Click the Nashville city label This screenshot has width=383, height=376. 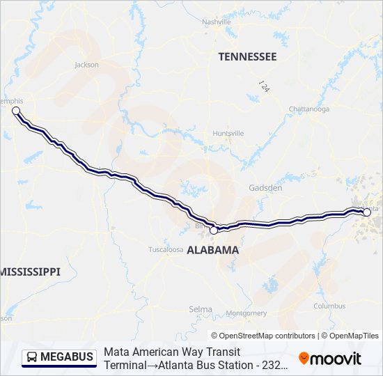tap(216, 22)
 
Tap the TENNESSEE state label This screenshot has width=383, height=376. tap(247, 56)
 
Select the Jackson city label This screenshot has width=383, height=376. tap(86, 65)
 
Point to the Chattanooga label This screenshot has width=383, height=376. tap(308, 109)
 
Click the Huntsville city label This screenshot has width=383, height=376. tap(228, 133)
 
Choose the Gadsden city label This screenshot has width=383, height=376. tap(265, 188)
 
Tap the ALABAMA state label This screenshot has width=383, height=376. tap(212, 249)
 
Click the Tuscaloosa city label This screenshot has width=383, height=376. tap(166, 249)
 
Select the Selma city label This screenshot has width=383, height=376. tap(201, 308)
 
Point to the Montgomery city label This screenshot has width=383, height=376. tap(247, 313)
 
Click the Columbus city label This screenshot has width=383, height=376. tap(329, 306)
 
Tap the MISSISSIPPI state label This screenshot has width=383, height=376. tap(31, 271)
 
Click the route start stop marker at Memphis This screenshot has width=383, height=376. tap(16, 111)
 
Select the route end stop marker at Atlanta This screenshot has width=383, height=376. tap(367, 212)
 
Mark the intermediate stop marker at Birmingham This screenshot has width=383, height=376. tap(214, 229)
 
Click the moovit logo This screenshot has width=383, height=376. tap(330, 359)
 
